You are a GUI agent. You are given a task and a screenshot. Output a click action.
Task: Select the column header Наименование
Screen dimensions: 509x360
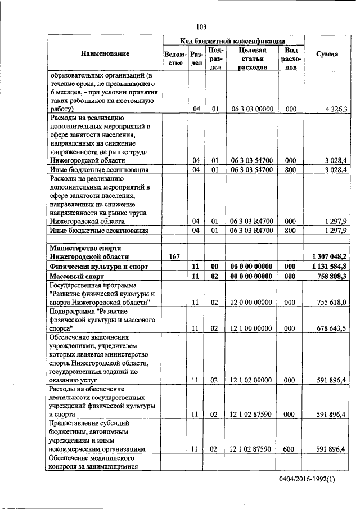105,53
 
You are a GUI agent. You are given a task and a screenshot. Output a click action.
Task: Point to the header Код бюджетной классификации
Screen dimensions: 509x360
233,41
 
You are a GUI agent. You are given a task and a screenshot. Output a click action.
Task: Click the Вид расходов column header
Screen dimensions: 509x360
290,58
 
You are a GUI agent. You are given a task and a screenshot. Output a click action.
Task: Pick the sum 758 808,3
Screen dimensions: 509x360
331,277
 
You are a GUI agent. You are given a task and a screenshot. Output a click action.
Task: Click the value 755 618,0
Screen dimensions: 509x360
332,303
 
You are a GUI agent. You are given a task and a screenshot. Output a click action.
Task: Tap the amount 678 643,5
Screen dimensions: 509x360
332,328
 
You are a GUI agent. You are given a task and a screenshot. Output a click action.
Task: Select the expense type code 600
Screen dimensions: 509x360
290,449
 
